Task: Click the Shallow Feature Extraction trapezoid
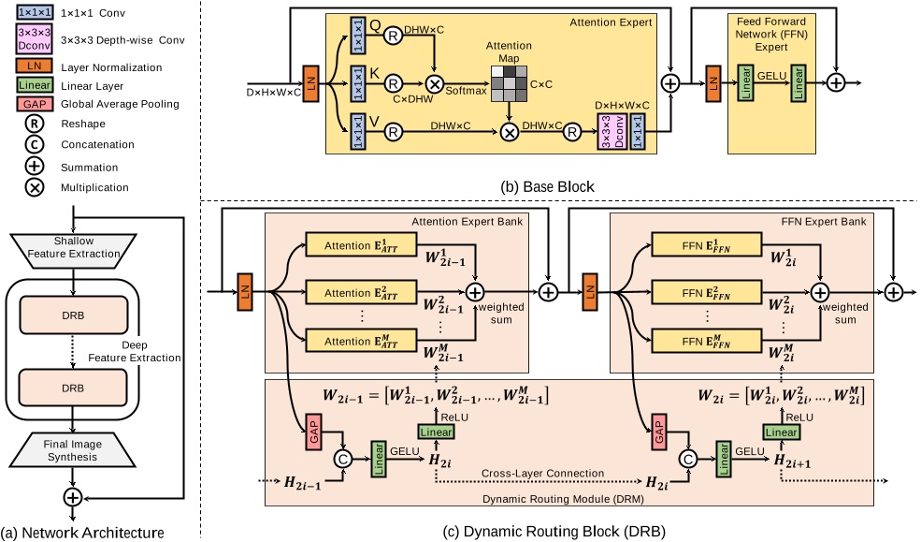coord(73,248)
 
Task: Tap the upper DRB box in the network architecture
coord(73,315)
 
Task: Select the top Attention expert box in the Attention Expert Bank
coord(360,245)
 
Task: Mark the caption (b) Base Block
coord(548,187)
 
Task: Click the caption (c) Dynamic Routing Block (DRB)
coord(556,532)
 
